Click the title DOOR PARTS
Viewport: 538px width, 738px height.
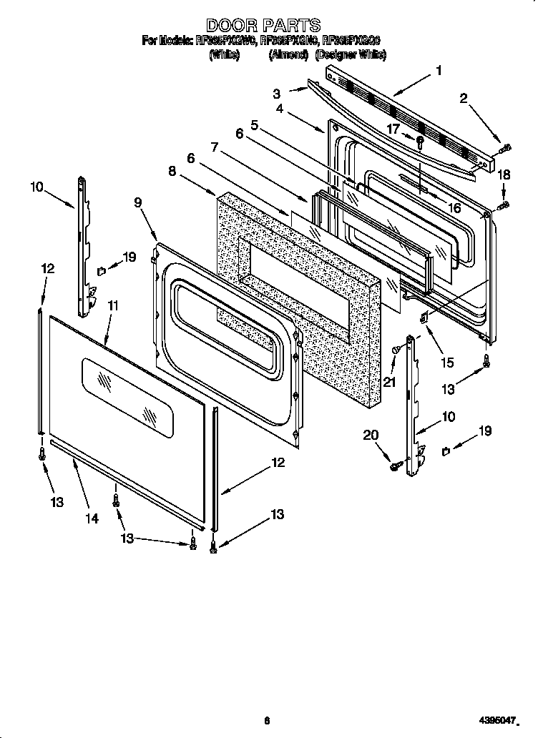pyautogui.click(x=263, y=26)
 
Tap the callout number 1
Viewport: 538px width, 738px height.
pyautogui.click(x=439, y=70)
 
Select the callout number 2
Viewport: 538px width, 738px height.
pyautogui.click(x=464, y=99)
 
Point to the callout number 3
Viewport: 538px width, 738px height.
pyautogui.click(x=276, y=93)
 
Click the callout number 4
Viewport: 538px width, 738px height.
pyautogui.click(x=280, y=109)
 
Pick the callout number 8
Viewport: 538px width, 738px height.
pyautogui.click(x=172, y=171)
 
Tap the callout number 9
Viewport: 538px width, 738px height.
pyautogui.click(x=138, y=202)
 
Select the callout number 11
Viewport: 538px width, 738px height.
pyautogui.click(x=112, y=305)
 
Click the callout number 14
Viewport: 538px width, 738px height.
pyautogui.click(x=92, y=518)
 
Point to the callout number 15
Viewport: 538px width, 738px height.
pyautogui.click(x=447, y=363)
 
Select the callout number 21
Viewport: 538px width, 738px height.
pyautogui.click(x=389, y=382)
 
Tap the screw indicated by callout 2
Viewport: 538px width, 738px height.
pyautogui.click(x=505, y=148)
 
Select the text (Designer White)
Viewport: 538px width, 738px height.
pyautogui.click(x=351, y=55)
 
